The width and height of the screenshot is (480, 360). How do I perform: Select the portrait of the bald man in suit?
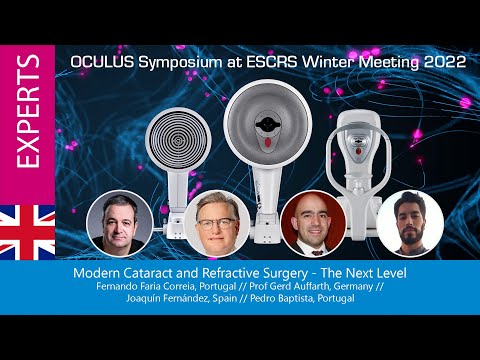[312, 223]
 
